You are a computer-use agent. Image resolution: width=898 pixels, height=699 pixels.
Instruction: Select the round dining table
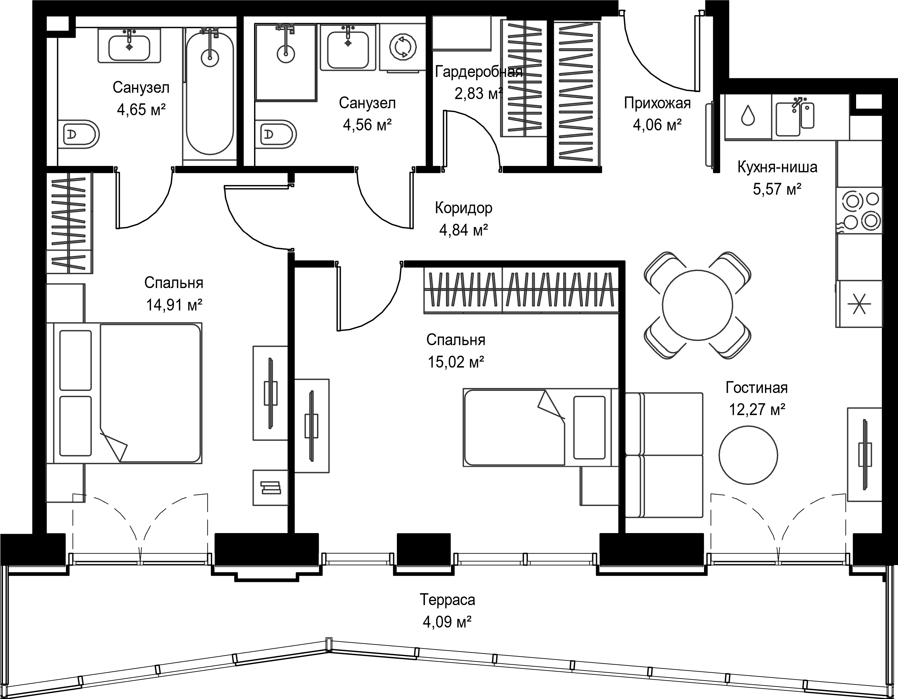(x=698, y=305)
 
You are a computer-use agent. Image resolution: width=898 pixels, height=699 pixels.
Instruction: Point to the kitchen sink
(x=795, y=117)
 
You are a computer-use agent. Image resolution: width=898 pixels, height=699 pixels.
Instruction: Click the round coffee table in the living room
(x=748, y=455)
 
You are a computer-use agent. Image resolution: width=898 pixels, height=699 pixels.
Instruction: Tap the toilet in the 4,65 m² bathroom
(x=79, y=134)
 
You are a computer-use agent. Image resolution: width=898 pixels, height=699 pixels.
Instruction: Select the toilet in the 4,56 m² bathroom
(x=275, y=134)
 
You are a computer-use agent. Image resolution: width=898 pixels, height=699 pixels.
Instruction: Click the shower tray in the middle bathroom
(x=286, y=62)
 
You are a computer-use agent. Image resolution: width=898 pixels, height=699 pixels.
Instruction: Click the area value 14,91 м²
(x=174, y=305)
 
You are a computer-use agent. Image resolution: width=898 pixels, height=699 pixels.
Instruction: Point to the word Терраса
(x=447, y=600)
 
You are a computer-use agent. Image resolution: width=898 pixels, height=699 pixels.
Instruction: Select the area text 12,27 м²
(x=757, y=409)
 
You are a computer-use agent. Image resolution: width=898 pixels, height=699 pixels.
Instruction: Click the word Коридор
(x=464, y=208)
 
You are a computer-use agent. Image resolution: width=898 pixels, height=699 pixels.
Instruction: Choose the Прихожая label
(x=657, y=103)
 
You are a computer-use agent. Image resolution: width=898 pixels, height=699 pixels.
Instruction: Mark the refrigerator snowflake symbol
(x=859, y=305)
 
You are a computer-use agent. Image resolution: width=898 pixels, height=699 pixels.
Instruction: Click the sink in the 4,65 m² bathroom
(x=129, y=45)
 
